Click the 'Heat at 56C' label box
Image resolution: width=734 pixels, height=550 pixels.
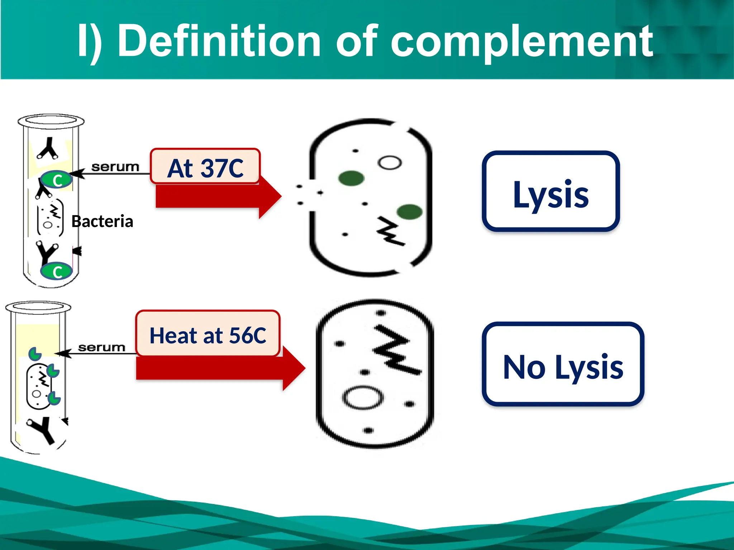pos(208,334)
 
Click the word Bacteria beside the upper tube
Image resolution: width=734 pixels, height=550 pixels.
pos(102,221)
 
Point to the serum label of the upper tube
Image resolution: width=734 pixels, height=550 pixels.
pos(115,167)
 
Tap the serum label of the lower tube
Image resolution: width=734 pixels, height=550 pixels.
pos(102,347)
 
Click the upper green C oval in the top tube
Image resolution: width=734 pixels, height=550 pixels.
pos(56,179)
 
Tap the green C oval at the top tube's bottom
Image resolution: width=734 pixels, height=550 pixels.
pos(56,271)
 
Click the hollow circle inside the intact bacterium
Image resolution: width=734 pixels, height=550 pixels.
pos(363,397)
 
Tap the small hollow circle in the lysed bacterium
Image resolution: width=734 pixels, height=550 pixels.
pos(390,163)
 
